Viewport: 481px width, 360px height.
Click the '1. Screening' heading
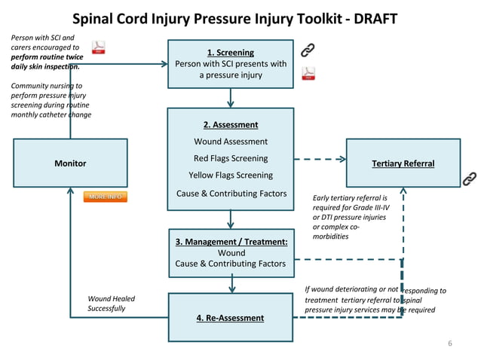230,53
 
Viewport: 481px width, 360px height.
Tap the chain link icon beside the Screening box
308,50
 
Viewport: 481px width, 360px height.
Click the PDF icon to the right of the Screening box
308,73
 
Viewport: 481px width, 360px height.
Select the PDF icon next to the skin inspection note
98,49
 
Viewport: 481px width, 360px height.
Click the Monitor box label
70,163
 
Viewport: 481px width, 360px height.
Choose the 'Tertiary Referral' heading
403,163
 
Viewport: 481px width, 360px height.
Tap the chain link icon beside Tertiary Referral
468,179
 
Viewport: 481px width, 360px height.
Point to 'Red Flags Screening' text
230,158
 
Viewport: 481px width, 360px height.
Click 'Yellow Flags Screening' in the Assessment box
230,175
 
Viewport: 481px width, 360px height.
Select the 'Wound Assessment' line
230,142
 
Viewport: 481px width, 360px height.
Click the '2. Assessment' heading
230,125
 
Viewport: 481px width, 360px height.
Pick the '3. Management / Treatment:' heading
231,242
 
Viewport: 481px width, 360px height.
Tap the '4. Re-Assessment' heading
230,318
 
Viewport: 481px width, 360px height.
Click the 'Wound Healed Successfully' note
112,304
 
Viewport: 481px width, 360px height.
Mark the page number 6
450,344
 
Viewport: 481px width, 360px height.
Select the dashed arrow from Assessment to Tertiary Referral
320,159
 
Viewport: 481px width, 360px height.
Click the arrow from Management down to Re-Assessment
231,283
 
